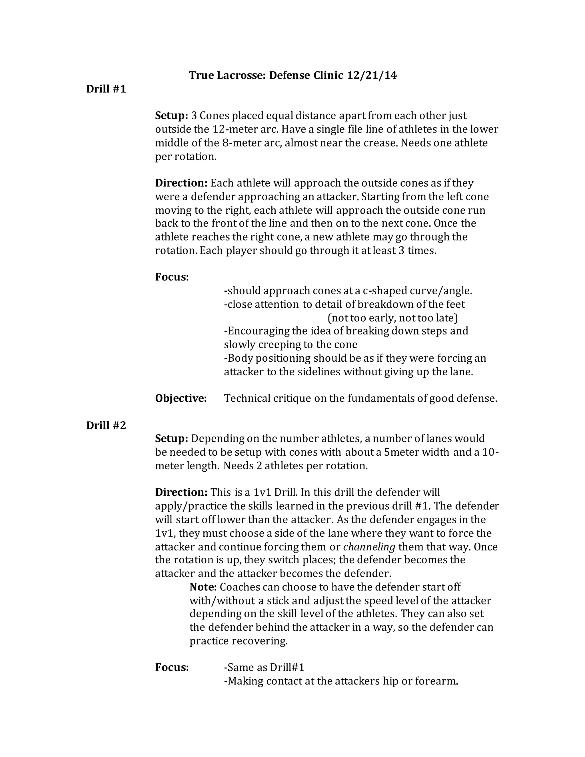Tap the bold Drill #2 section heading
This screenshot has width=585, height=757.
tap(106, 425)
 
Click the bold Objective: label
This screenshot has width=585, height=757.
tap(181, 398)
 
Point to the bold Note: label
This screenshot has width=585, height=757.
tap(203, 587)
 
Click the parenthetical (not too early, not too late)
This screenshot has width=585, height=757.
tap(393, 318)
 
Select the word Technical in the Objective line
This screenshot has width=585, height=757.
tap(247, 398)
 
